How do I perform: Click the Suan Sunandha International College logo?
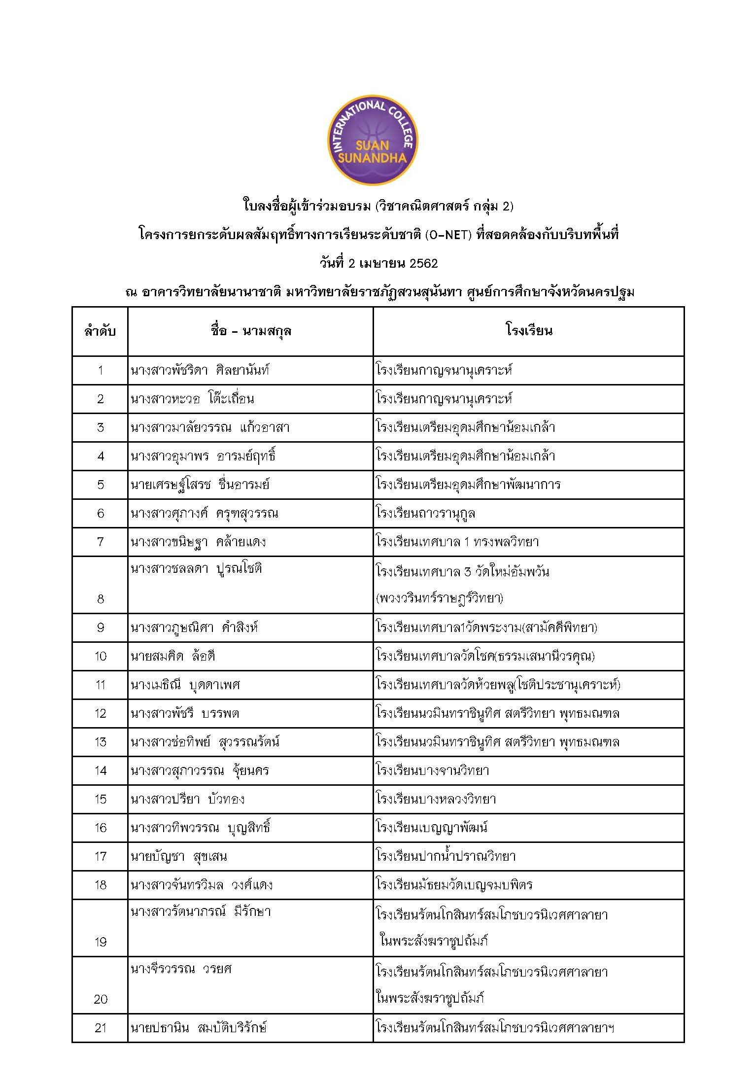click(x=373, y=140)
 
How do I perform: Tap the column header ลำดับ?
click(x=100, y=331)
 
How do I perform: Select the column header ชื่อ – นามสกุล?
click(x=250, y=331)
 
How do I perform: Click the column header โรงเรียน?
click(x=528, y=331)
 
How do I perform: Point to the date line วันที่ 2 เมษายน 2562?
click(x=378, y=263)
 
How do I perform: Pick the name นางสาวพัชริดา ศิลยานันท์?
click(x=200, y=370)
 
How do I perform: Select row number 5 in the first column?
click(x=100, y=485)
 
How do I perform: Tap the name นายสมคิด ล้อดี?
click(x=173, y=656)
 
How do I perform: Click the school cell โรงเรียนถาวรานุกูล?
click(x=425, y=513)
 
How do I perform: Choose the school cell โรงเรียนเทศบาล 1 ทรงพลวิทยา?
click(x=457, y=542)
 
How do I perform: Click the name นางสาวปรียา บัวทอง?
click(x=188, y=799)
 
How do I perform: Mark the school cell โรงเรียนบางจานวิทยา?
click(x=432, y=770)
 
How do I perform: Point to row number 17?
click(x=100, y=856)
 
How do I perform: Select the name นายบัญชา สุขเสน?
click(x=179, y=856)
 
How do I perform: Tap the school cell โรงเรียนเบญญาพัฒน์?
click(x=432, y=828)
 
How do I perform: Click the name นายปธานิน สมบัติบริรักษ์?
click(x=199, y=1028)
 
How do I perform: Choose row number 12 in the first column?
click(x=100, y=713)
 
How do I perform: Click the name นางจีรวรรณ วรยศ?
click(x=181, y=969)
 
